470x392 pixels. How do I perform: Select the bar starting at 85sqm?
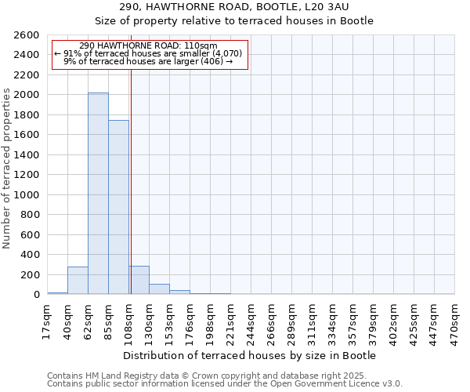(118, 207)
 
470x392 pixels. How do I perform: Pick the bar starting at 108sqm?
(139, 280)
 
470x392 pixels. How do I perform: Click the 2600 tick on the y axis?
(27, 35)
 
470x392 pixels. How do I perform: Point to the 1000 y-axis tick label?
(27, 194)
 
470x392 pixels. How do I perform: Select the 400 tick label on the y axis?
(31, 255)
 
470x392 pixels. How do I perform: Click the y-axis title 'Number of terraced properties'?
(8, 169)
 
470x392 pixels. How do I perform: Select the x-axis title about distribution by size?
(250, 355)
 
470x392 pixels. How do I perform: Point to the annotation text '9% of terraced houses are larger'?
(148, 61)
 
